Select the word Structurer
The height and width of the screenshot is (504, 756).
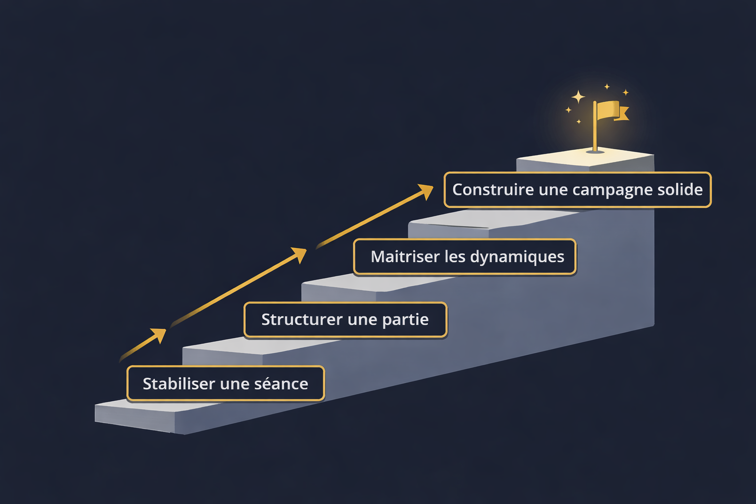tap(302, 319)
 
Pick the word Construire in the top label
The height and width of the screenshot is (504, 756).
tap(493, 189)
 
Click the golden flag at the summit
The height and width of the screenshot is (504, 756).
tap(610, 110)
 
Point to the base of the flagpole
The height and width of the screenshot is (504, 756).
tap(595, 151)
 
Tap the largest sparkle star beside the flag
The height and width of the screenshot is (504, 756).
tap(578, 96)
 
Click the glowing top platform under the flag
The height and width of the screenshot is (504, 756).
tap(586, 159)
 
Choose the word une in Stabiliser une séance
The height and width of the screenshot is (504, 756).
tap(234, 384)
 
